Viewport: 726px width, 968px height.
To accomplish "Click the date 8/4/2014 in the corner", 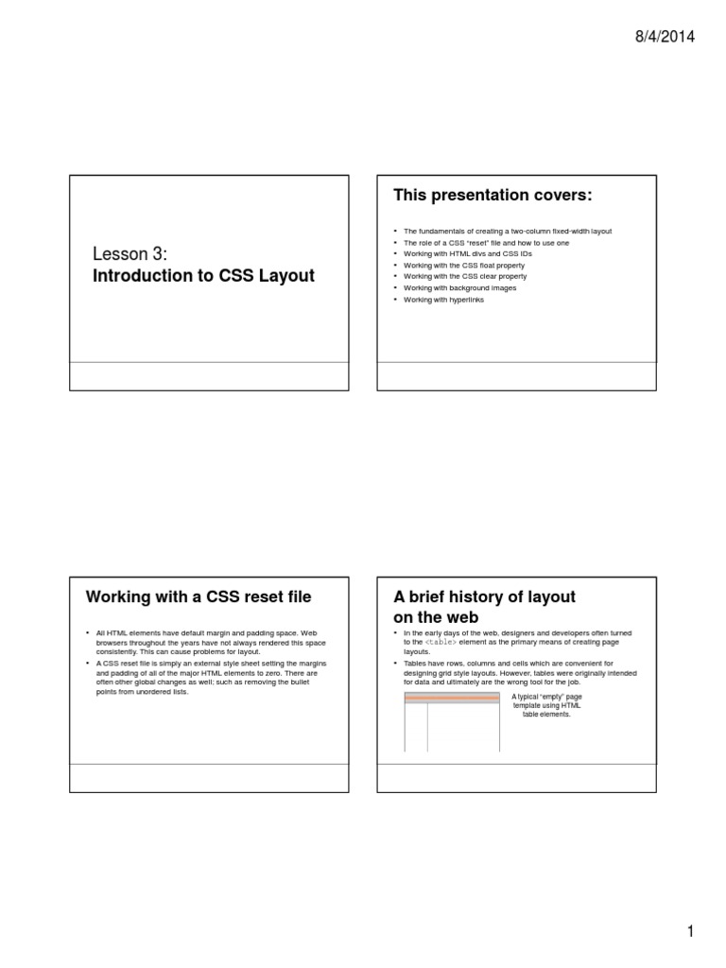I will point(664,37).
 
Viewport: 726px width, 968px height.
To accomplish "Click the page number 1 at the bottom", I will point(691,932).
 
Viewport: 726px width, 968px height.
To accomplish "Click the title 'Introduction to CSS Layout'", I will point(203,276).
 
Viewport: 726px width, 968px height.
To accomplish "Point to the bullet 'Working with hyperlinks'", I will point(443,300).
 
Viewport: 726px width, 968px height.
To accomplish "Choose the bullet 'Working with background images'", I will point(459,288).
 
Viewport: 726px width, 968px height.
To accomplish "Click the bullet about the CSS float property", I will point(463,266).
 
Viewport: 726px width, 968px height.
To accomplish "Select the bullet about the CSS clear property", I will point(464,277).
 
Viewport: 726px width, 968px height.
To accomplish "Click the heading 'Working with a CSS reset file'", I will point(199,596).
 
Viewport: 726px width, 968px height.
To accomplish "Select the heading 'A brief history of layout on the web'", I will point(484,607).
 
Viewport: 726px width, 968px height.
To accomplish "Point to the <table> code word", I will point(441,642).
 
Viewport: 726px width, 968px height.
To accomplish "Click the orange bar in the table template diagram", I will point(452,699).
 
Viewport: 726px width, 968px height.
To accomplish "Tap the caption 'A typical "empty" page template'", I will point(546,705).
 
